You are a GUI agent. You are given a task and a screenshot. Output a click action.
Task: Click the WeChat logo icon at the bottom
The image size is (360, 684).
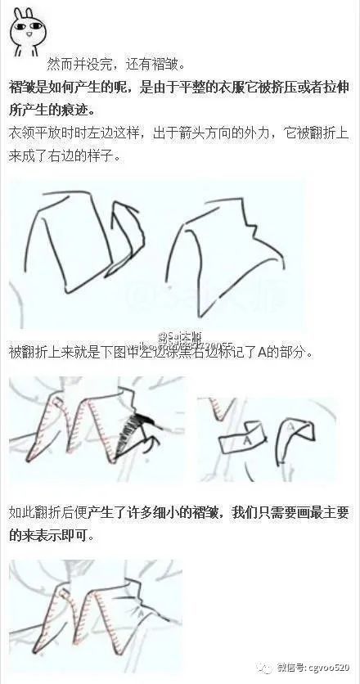click(x=271, y=664)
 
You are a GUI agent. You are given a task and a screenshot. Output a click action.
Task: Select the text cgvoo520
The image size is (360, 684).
click(x=331, y=666)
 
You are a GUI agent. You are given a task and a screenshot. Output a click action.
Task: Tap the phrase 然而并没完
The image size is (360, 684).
click(x=81, y=63)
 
